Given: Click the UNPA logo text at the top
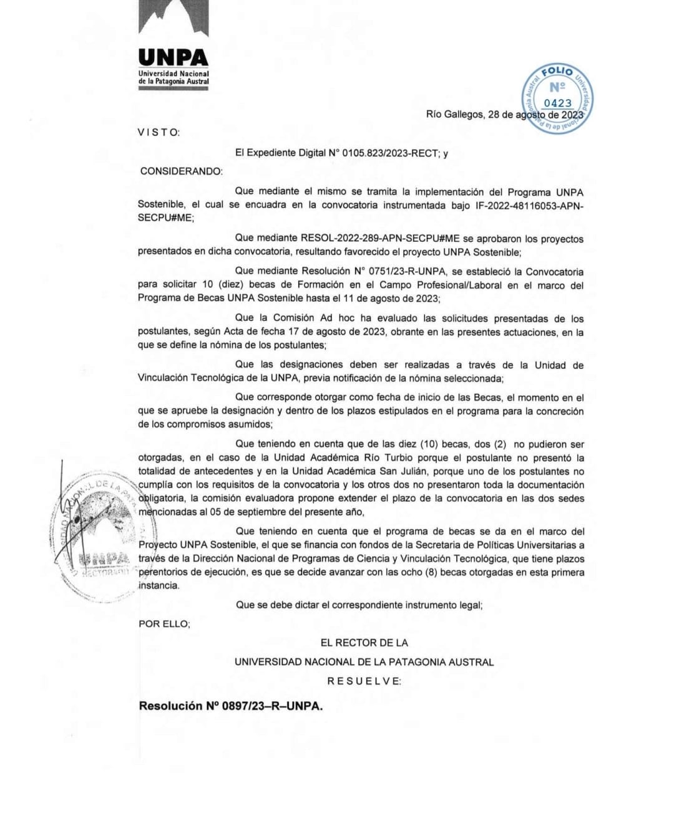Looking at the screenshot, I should point(173,57).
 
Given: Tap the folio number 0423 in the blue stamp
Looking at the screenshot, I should point(557,103).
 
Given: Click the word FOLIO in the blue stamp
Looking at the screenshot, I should point(557,72).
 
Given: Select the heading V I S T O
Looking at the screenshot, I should point(159,132).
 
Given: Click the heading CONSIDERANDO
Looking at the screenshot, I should point(181,171).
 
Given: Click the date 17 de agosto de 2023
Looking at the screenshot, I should point(338,332).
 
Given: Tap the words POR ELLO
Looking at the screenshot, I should point(164,623).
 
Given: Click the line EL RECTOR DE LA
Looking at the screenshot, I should point(364,643).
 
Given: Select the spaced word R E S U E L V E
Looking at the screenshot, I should point(364,681).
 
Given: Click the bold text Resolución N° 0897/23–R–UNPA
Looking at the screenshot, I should point(230,706).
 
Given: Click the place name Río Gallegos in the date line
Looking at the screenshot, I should point(454,115).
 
